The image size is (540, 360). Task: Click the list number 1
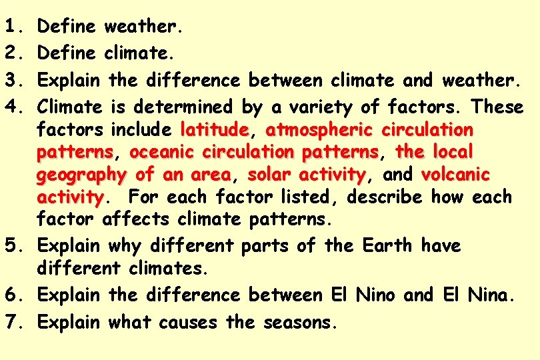[x=13, y=27]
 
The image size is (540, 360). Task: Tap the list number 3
[x=13, y=81]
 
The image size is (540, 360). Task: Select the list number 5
[x=13, y=245]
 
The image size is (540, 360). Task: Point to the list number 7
[x=13, y=322]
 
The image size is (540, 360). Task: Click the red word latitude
[x=214, y=128]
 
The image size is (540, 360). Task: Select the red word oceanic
[x=157, y=152]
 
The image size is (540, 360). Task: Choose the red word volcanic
[x=456, y=175]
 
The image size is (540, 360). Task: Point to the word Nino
[x=375, y=295]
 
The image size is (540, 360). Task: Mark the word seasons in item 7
[x=300, y=323]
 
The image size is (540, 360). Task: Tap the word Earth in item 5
[x=387, y=245]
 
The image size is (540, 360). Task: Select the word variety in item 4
[x=333, y=107]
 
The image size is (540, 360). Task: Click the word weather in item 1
[x=143, y=27]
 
